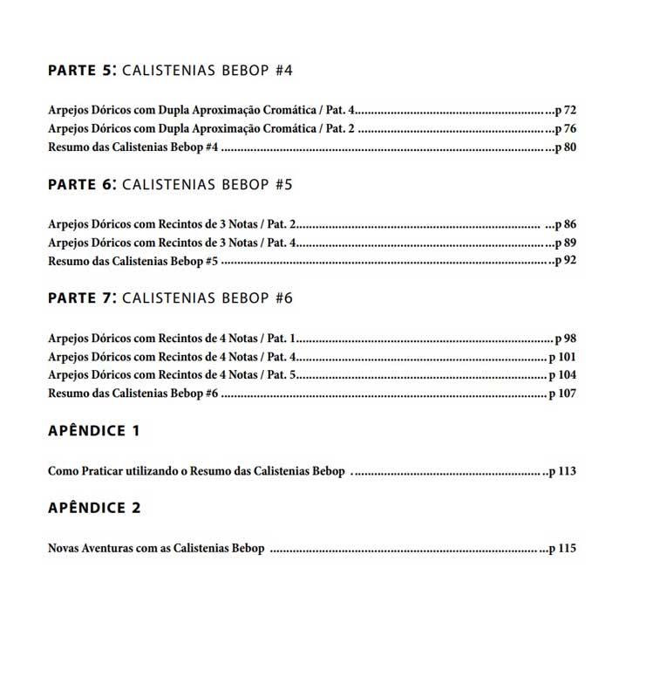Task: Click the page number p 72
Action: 567,111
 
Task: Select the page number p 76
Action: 567,129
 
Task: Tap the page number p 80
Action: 567,147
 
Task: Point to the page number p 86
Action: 567,224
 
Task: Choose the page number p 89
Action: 567,243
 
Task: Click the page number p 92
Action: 567,261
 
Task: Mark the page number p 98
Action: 567,338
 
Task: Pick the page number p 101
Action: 563,356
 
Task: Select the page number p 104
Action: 563,375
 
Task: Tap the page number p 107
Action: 563,393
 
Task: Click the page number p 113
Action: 561,471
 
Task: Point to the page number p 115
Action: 561,549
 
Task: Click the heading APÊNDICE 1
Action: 94,430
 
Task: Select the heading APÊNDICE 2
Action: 94,508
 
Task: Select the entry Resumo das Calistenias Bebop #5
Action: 133,261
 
